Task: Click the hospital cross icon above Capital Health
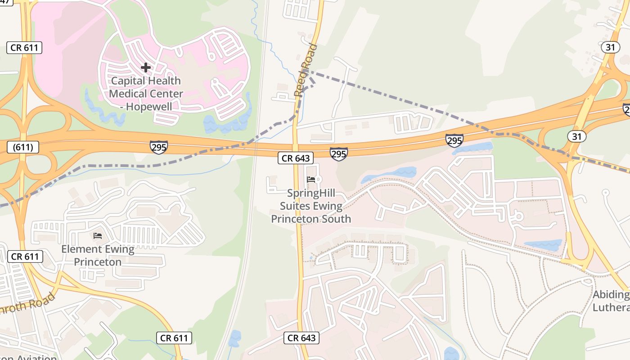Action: click(x=145, y=68)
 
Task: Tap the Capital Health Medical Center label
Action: click(x=146, y=94)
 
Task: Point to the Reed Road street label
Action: click(x=306, y=71)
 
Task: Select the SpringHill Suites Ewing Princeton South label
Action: click(x=311, y=206)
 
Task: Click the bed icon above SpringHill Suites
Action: click(x=310, y=180)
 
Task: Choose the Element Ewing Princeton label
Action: click(x=98, y=255)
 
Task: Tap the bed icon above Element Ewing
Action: click(x=98, y=235)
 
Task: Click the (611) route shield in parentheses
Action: click(x=23, y=147)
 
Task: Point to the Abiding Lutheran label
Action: click(x=611, y=301)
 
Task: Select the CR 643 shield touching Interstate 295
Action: click(x=295, y=158)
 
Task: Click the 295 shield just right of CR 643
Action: click(x=338, y=154)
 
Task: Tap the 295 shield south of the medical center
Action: click(x=159, y=147)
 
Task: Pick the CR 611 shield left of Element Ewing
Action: click(x=25, y=256)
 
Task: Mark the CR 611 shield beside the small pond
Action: click(x=175, y=338)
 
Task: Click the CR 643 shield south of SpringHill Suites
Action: click(x=301, y=338)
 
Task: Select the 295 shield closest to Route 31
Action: click(x=454, y=140)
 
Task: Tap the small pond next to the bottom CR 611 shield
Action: click(x=234, y=338)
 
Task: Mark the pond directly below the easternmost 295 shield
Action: click(x=473, y=148)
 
